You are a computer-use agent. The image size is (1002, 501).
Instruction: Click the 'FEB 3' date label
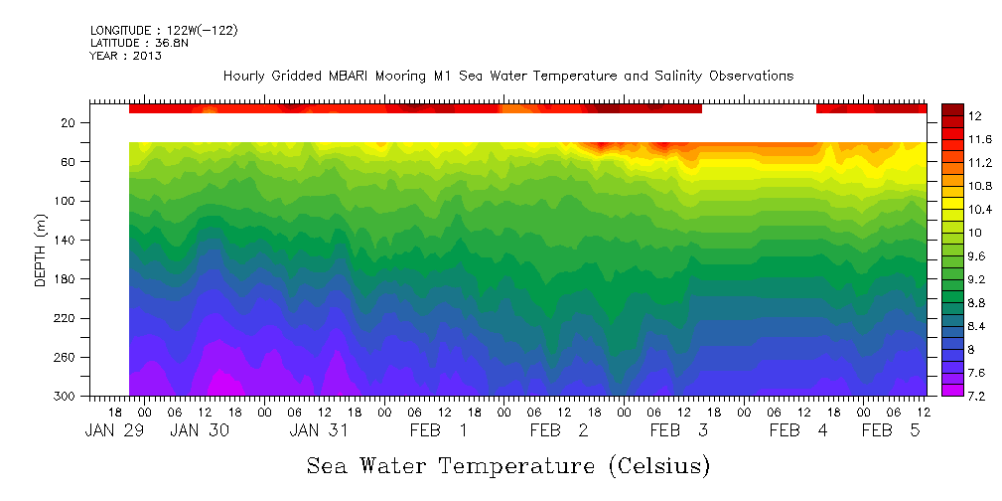678,430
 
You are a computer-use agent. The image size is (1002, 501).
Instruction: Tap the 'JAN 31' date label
319,430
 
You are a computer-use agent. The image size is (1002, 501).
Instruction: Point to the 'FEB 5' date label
891,430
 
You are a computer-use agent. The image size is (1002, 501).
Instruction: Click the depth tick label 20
69,123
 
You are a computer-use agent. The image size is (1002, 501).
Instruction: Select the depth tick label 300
66,396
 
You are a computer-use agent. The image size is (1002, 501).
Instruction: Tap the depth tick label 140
66,240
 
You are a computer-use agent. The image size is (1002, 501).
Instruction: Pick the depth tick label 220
66,318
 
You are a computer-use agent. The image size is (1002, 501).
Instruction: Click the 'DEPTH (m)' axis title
41,255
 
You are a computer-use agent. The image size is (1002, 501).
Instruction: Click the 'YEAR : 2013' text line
125,56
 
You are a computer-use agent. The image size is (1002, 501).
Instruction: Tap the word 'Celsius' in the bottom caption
659,465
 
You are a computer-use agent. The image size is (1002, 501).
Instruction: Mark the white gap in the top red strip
759,107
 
